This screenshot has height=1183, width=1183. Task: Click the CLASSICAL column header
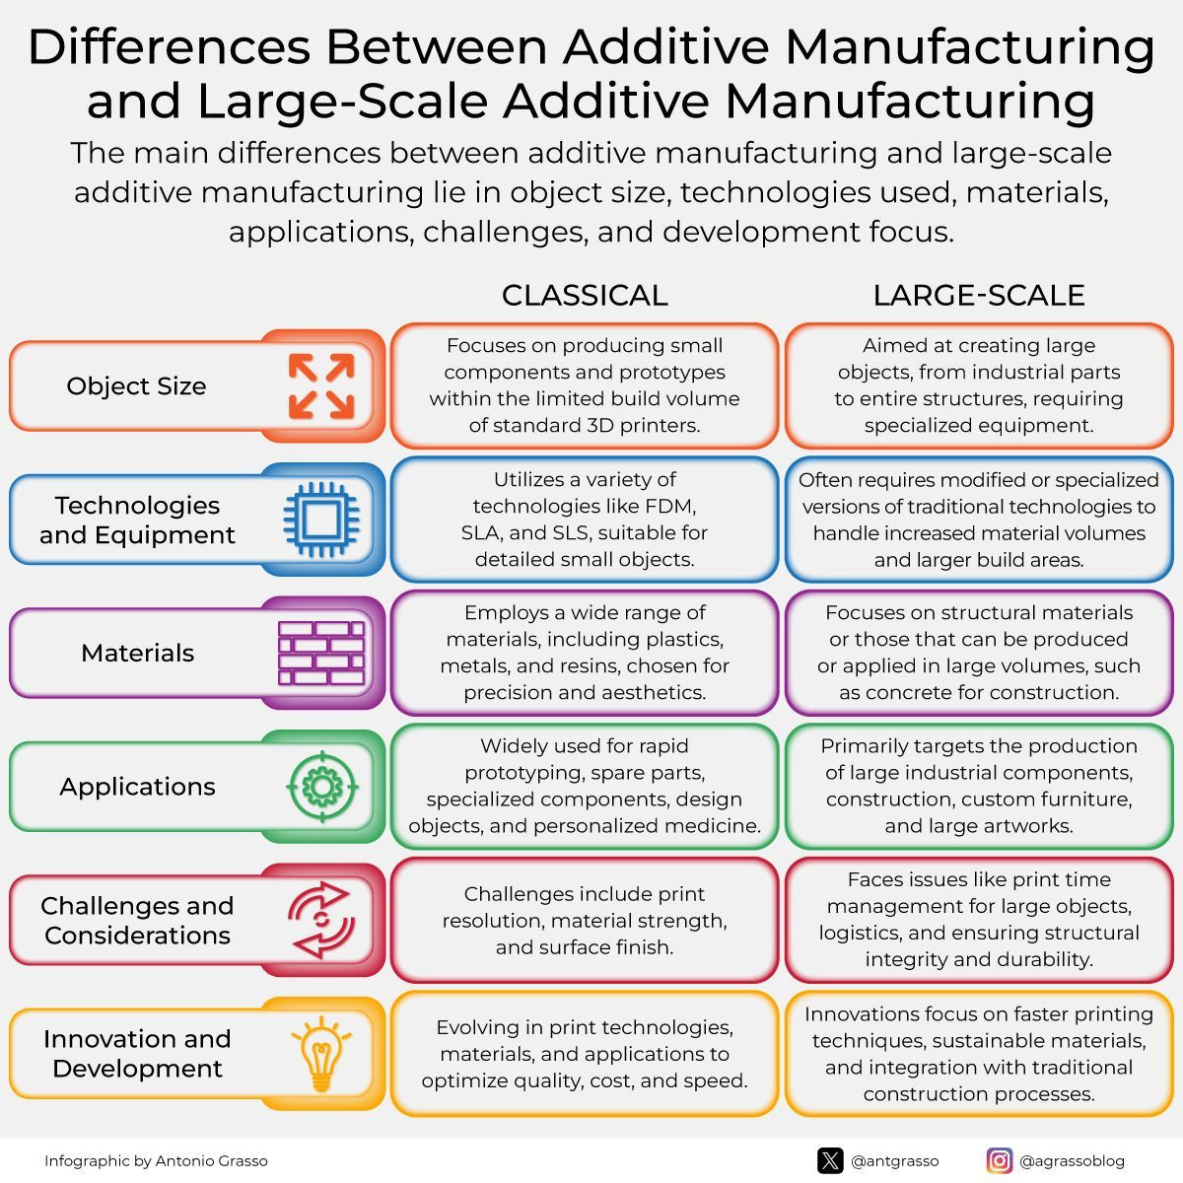point(585,296)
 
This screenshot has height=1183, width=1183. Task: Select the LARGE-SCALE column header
point(979,296)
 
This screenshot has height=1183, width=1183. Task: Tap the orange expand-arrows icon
point(321,386)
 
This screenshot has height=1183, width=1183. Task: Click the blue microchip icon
point(321,520)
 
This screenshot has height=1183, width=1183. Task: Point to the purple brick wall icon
point(321,653)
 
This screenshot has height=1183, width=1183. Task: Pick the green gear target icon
point(322,787)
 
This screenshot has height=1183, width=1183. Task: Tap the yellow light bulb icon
point(321,1054)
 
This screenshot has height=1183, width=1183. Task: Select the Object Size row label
point(136,386)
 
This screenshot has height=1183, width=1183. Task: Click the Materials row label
point(137,653)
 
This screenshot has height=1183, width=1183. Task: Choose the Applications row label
point(137,787)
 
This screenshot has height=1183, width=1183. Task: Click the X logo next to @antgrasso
point(830,1161)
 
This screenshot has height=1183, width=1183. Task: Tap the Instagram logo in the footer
point(999,1161)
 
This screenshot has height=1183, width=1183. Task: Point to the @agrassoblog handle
point(1072,1161)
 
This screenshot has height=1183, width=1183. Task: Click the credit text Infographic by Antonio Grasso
point(156,1161)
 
